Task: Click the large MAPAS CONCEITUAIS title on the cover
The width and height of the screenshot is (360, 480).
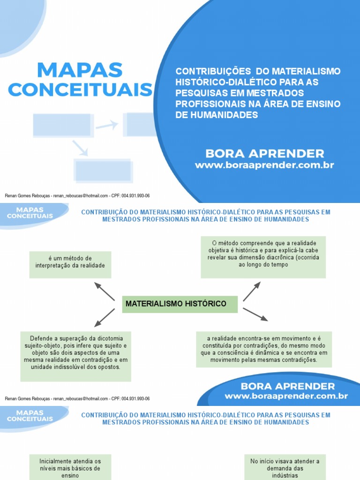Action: click(x=80, y=80)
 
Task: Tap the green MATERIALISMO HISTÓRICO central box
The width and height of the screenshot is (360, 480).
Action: click(x=180, y=304)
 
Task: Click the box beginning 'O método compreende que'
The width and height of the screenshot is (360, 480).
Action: click(x=263, y=257)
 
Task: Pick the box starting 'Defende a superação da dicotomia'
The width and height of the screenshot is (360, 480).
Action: click(x=75, y=356)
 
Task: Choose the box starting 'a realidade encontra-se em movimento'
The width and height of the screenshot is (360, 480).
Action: click(x=263, y=349)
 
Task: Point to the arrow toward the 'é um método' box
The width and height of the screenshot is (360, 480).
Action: click(x=104, y=291)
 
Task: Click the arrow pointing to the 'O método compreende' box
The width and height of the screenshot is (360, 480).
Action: click(x=252, y=291)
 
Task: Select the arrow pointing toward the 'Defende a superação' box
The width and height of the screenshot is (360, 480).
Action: click(x=104, y=317)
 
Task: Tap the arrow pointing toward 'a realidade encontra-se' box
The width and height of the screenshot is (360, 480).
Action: click(x=255, y=315)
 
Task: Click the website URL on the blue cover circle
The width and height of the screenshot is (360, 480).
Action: click(x=264, y=165)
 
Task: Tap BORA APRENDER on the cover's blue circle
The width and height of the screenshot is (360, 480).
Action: click(x=264, y=153)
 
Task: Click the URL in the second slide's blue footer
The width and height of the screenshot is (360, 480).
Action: click(x=286, y=396)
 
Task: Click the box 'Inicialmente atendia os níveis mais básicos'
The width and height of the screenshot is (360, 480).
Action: click(x=70, y=468)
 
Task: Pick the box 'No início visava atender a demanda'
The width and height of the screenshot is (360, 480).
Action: click(x=285, y=468)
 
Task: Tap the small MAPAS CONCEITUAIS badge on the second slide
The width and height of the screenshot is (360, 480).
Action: click(x=30, y=213)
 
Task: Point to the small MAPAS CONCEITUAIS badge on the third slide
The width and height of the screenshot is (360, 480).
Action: click(x=30, y=416)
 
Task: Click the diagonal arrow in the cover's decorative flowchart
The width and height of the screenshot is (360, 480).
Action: click(x=80, y=148)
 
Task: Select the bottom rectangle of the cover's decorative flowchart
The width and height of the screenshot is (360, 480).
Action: click(x=103, y=171)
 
